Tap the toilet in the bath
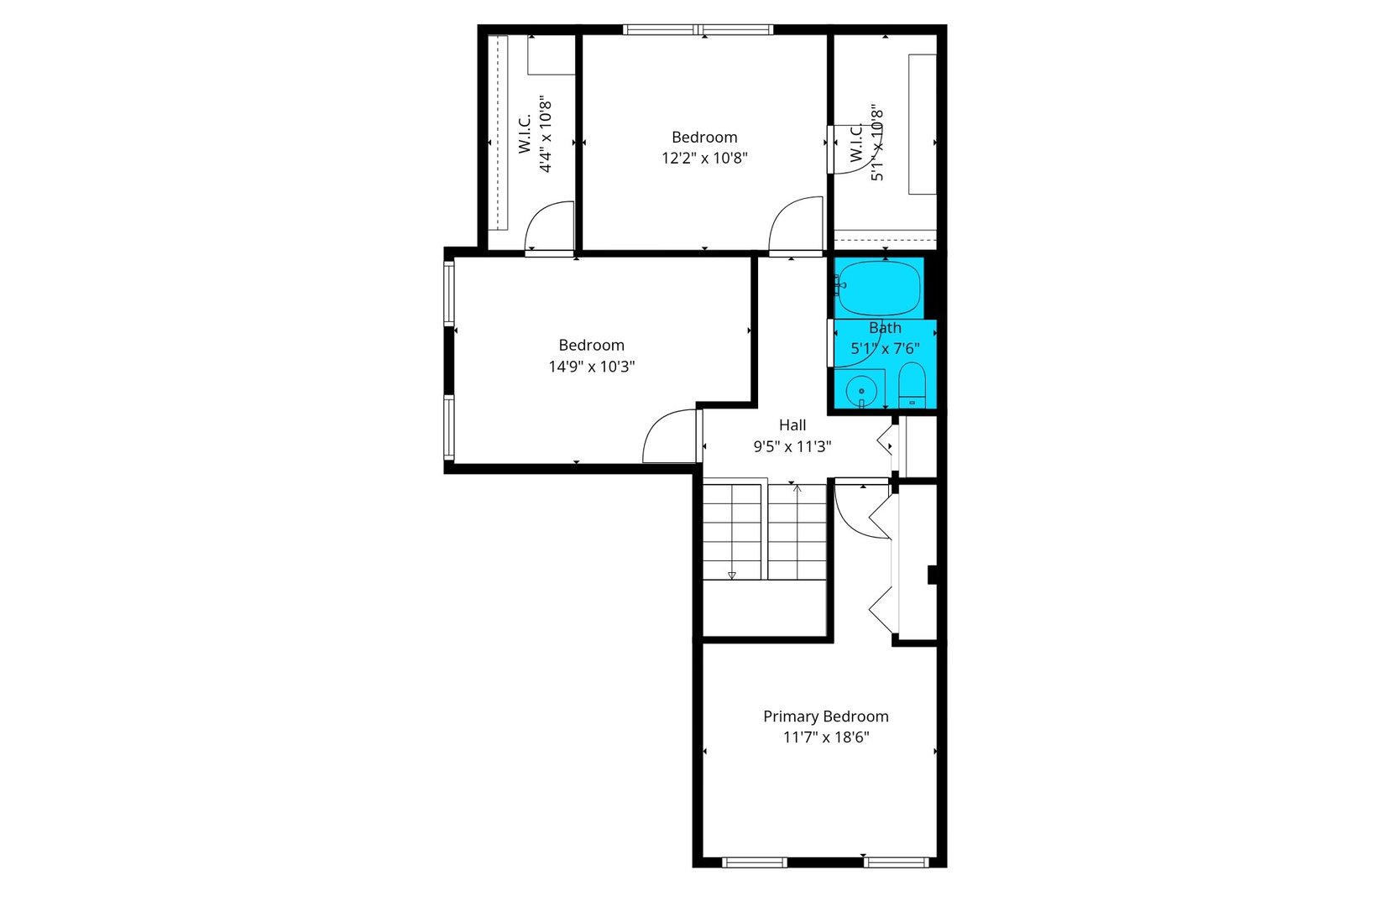point(911,387)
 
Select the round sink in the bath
point(861,391)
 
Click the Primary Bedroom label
point(825,716)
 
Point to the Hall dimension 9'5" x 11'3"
point(792,446)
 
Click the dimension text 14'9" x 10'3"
point(591,367)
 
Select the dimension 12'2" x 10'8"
point(704,158)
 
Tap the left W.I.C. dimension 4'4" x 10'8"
point(546,134)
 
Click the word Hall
point(792,425)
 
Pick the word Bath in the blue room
point(885,328)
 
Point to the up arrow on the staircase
point(797,488)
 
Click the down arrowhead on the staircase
point(732,575)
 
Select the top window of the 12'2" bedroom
point(698,30)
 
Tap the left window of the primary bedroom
point(754,862)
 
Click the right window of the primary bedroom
point(897,862)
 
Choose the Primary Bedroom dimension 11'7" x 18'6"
point(825,737)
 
